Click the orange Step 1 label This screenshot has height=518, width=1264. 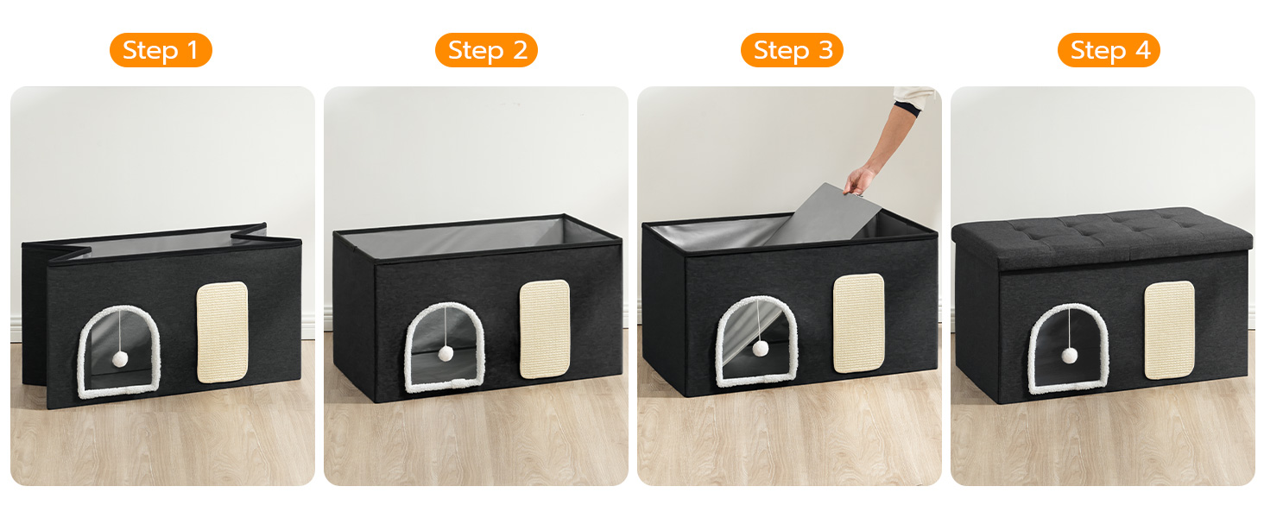[161, 50]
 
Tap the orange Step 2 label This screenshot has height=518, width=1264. [486, 50]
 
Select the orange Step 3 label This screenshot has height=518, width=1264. [792, 50]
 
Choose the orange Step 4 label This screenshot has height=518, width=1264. [1109, 50]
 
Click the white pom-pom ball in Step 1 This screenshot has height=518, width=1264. [120, 359]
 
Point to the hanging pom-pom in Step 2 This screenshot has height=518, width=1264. [446, 354]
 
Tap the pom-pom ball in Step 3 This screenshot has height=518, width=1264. [761, 348]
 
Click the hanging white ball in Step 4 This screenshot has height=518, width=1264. [1070, 356]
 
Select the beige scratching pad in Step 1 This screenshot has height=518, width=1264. [223, 332]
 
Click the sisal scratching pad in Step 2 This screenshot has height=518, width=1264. [545, 330]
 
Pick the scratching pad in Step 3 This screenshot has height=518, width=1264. [859, 324]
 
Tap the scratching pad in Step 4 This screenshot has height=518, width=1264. [1170, 330]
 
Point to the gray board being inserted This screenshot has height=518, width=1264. [824, 216]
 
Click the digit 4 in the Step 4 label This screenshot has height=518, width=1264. [1142, 50]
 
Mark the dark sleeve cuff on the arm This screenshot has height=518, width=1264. [907, 108]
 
